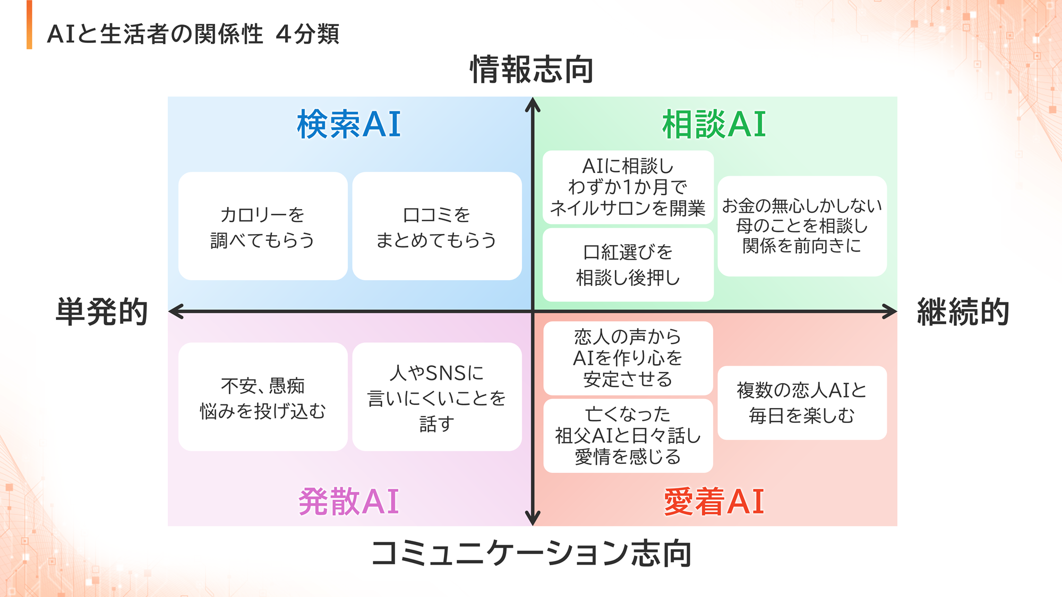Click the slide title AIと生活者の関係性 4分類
193,34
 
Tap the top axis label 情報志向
532,70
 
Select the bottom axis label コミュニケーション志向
532,553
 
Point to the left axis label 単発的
102,312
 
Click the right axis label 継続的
963,312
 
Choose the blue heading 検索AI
349,125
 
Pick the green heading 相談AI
714,125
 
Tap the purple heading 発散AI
349,501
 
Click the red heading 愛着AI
714,501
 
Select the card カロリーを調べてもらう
263,226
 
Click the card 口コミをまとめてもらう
436,226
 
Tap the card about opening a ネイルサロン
628,187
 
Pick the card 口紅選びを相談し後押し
628,265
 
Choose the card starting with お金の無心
802,226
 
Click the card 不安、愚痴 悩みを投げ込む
263,397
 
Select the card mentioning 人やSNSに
436,397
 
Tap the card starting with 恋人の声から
628,358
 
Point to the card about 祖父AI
628,436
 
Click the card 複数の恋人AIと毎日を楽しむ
802,403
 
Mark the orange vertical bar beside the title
29,25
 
